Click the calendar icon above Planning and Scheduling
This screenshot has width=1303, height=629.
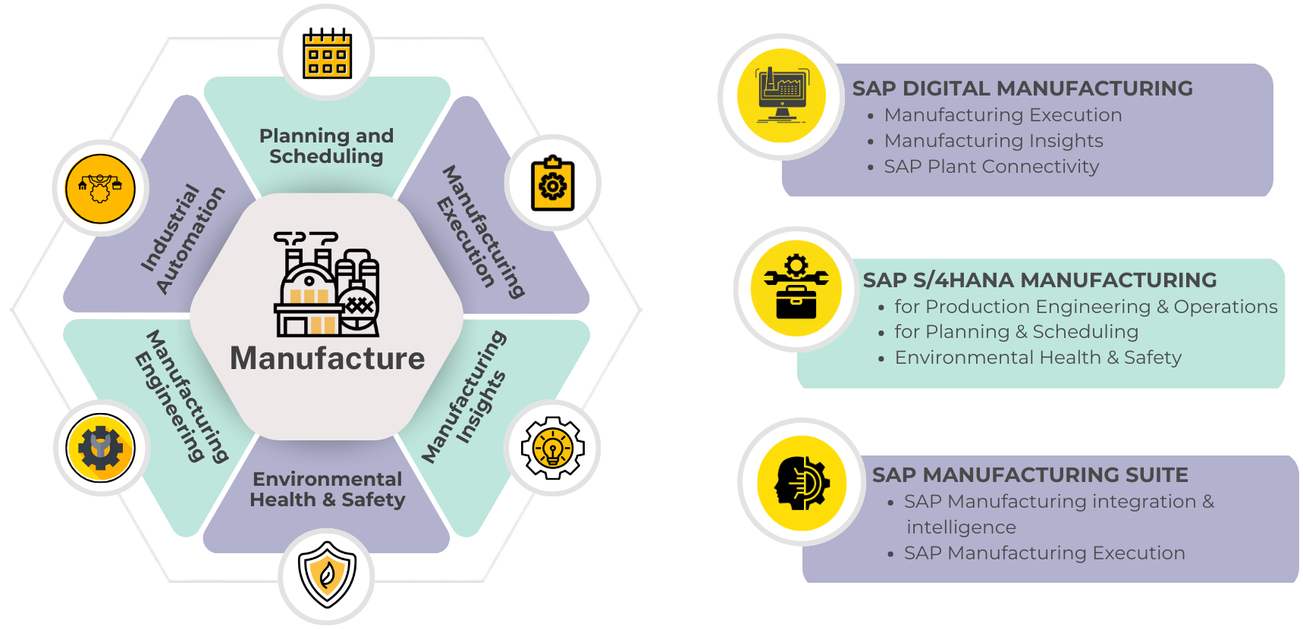327,53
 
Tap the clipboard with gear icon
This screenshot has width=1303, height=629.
553,184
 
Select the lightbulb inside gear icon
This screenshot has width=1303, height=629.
553,448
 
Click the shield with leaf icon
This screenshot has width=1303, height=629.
327,574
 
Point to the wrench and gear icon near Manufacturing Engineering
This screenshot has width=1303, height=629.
101,448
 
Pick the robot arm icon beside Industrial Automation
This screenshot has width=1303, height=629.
100,189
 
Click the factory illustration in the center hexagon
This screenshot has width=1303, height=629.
327,284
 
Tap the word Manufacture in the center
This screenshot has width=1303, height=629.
327,358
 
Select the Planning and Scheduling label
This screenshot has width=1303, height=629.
327,146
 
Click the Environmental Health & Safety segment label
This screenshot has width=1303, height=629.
327,490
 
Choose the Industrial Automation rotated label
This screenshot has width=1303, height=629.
183,239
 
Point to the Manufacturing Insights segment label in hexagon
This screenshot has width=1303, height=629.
464,396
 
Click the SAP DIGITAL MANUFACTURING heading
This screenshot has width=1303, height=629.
1022,89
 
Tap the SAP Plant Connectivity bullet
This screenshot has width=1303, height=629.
991,167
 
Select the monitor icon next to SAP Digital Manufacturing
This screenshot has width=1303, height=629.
781,95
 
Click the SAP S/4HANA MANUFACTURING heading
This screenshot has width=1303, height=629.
1039,280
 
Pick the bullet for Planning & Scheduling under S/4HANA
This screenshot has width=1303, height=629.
1016,332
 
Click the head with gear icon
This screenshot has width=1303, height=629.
802,483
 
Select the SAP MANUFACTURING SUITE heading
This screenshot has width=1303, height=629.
1029,475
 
